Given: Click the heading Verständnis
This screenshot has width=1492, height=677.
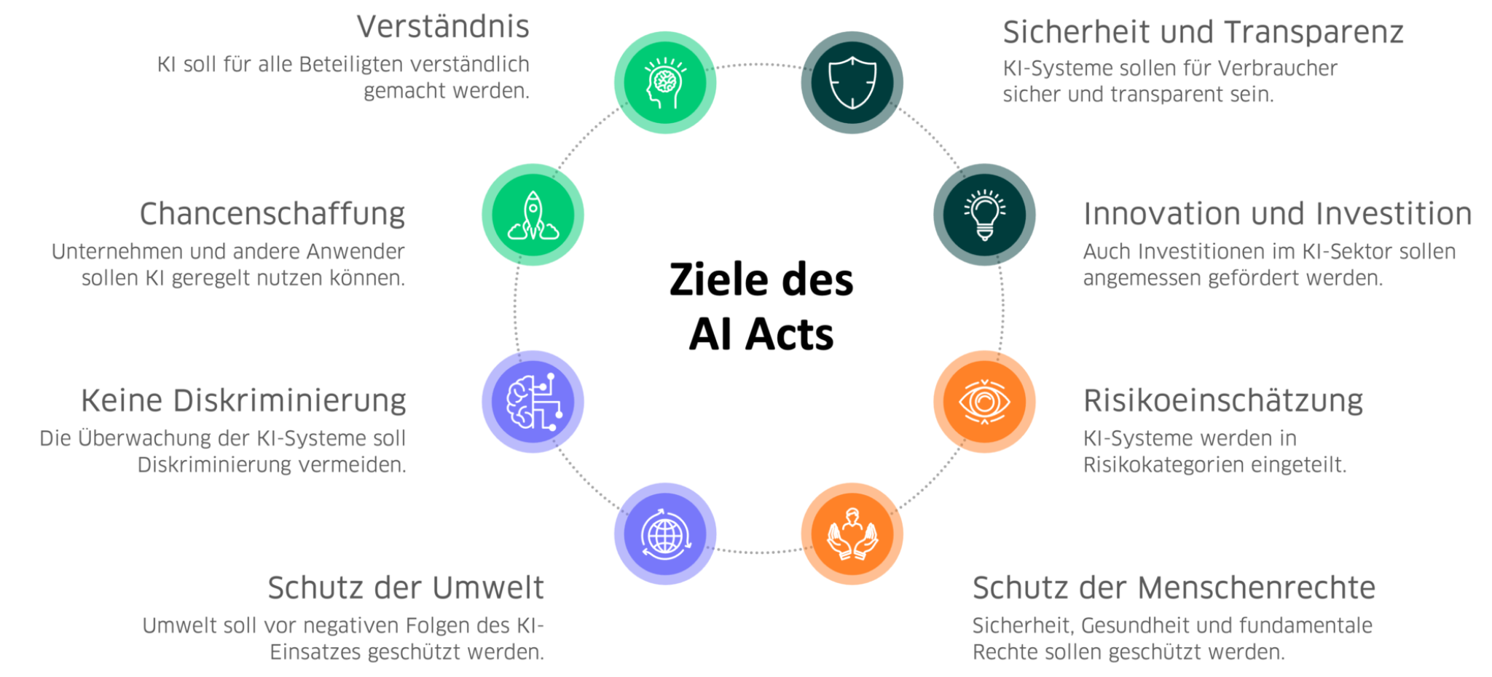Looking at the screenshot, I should [443, 28].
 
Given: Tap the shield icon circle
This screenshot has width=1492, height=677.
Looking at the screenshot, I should [852, 82].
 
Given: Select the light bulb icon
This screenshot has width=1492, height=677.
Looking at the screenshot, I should [984, 215].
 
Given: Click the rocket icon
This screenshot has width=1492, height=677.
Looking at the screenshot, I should [533, 215].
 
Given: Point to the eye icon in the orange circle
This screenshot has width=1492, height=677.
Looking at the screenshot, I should [984, 401].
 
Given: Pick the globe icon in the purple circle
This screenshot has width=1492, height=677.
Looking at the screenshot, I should [665, 534].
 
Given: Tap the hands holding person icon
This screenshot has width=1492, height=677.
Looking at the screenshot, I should [852, 534].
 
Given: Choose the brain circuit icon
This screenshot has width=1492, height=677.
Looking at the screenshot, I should [533, 401].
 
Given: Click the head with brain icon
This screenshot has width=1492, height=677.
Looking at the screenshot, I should [665, 82].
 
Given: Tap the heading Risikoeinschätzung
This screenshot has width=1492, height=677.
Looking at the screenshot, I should [1222, 401].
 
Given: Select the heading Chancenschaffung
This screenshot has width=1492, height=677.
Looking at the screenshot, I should [272, 215].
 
